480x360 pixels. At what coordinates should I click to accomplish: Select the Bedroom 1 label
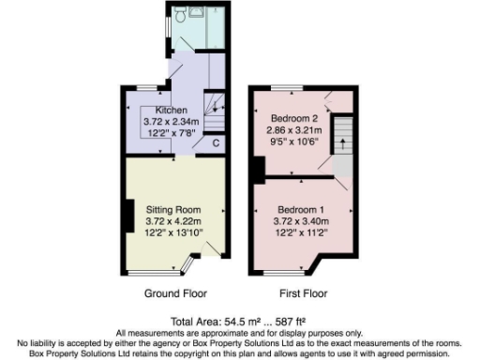[x=301, y=208]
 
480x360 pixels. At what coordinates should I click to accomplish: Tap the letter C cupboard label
[x=216, y=143]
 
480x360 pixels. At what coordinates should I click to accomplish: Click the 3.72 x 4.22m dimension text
[x=173, y=220]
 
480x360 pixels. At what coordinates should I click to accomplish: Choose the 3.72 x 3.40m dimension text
[x=301, y=220]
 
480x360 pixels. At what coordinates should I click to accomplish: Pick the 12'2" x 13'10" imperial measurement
[x=173, y=232]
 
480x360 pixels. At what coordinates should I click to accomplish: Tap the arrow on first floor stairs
[x=343, y=142]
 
